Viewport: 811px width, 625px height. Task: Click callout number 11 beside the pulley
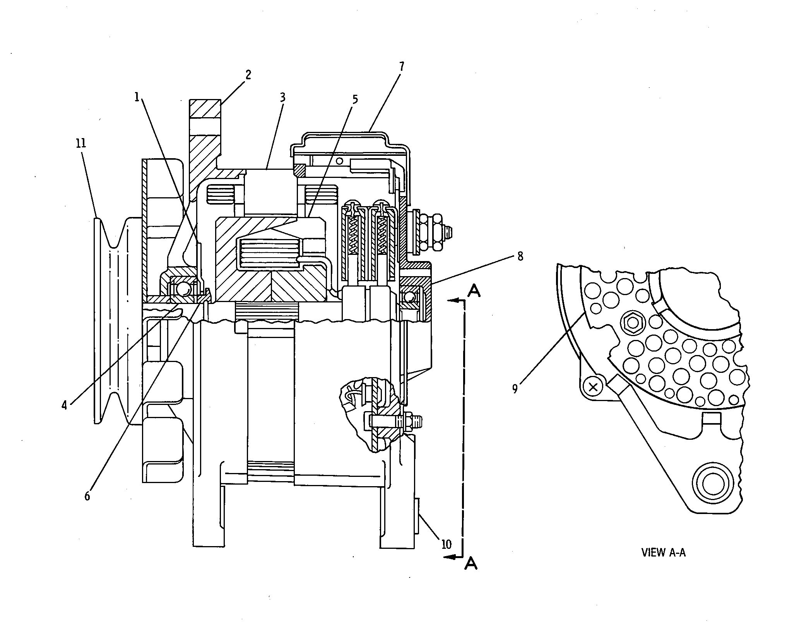(81, 143)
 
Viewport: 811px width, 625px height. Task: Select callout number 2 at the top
(248, 75)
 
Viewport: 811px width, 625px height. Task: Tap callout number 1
(137, 97)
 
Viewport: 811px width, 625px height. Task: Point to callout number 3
(282, 97)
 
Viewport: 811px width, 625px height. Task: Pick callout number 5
(355, 99)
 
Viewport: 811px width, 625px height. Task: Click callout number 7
(402, 67)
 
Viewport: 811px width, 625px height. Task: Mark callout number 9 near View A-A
(515, 389)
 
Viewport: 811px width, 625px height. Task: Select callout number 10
(446, 545)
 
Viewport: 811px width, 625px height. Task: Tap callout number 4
(64, 405)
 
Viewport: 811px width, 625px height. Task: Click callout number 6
(87, 496)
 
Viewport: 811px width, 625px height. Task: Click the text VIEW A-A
(663, 552)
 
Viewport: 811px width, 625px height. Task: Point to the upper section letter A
(474, 290)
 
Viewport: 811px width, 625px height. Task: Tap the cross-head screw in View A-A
(592, 386)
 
